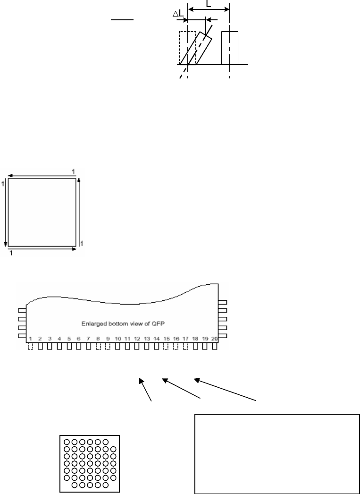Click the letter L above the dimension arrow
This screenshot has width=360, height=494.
click(x=209, y=4)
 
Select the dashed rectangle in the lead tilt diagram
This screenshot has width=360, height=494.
click(x=187, y=47)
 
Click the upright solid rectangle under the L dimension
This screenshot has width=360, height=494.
click(x=230, y=48)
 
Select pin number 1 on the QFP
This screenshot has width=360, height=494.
click(x=30, y=339)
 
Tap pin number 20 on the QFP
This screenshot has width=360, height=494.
click(x=215, y=339)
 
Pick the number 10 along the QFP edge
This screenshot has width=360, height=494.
click(x=117, y=339)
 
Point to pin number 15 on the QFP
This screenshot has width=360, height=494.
click(x=166, y=339)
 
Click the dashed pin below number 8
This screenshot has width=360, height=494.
click(x=98, y=346)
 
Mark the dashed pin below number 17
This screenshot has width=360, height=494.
click(x=185, y=346)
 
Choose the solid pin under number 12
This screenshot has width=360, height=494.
click(x=137, y=346)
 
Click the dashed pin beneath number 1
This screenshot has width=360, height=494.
click(x=31, y=346)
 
